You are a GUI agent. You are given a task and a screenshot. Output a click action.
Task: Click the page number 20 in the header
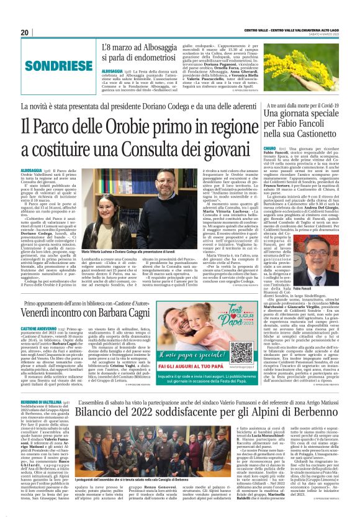[25, 32]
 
